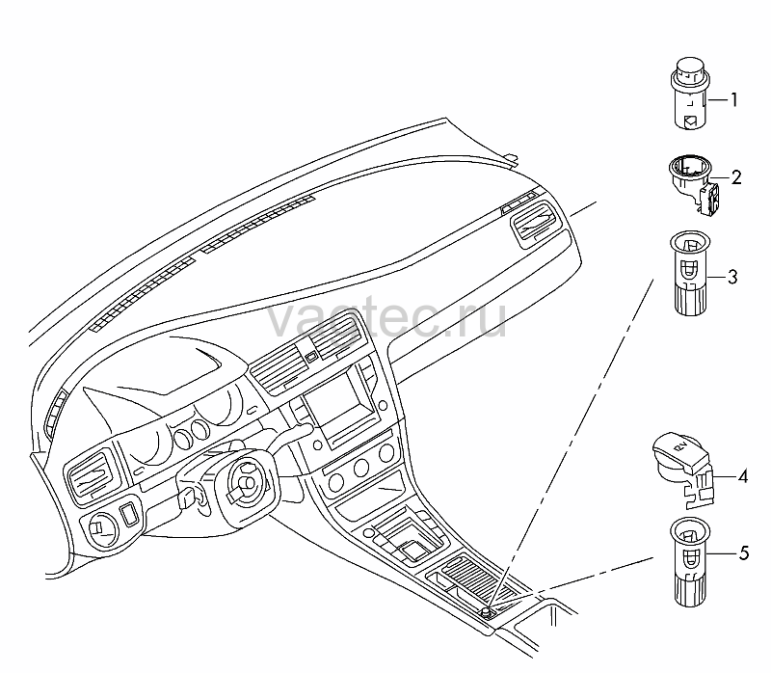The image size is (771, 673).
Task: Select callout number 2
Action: [x=735, y=177]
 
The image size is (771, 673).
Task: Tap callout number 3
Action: [x=732, y=277]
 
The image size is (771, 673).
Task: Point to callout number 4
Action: [x=742, y=476]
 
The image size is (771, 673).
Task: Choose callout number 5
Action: [x=743, y=553]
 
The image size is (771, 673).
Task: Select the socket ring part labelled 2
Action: [x=693, y=184]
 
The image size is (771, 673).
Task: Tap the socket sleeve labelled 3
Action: [x=691, y=273]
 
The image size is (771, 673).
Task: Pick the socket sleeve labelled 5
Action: [x=691, y=561]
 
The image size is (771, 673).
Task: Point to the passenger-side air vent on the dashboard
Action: [x=535, y=218]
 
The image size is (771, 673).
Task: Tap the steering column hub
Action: [x=245, y=485]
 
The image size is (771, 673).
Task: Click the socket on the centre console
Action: [x=487, y=611]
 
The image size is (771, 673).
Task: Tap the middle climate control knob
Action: [x=361, y=467]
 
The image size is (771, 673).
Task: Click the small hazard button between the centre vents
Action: [x=310, y=357]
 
